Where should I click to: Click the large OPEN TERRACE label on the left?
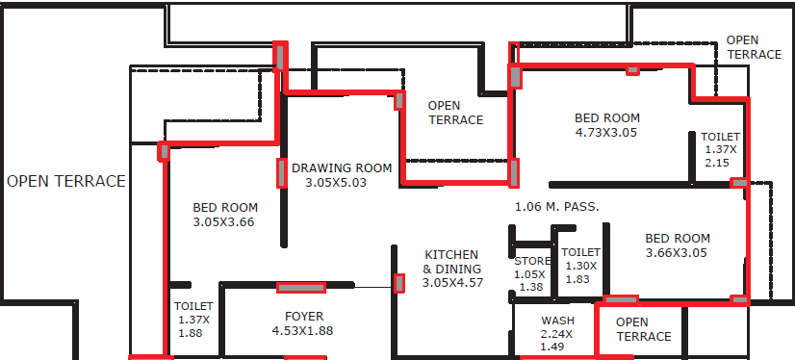(x=65, y=181)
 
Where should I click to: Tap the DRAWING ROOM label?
(x=342, y=167)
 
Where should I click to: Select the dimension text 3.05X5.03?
(x=336, y=183)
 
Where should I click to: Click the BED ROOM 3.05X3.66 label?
(x=224, y=215)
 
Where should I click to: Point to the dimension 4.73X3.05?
(x=606, y=133)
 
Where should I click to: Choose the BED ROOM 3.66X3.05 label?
(x=677, y=245)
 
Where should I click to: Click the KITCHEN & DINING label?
(x=452, y=269)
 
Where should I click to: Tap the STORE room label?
(x=532, y=261)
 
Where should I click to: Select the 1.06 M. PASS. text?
(x=557, y=207)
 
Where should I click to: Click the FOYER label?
(x=304, y=317)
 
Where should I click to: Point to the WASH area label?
(x=557, y=321)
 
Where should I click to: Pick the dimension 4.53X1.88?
(x=302, y=331)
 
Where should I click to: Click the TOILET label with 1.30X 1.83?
(x=581, y=265)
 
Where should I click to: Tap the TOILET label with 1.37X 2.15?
(x=721, y=149)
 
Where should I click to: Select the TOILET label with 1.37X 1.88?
(x=193, y=320)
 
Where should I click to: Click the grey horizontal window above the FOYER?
(x=301, y=288)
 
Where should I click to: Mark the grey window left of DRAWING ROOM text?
(x=282, y=173)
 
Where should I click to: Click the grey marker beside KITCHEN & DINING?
(x=399, y=283)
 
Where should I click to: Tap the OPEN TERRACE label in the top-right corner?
(x=754, y=47)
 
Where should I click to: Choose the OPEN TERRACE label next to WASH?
(x=644, y=329)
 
